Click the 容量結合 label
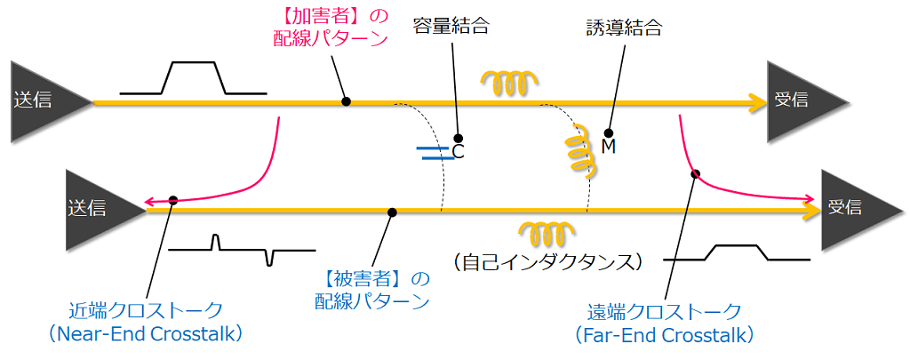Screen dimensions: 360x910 451,28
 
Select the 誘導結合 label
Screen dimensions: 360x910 623,28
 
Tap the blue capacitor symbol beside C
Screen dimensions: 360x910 434,154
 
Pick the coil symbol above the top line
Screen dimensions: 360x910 507,82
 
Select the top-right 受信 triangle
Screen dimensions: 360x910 801,100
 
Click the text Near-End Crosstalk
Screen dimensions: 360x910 147,334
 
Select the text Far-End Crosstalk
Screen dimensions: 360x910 664,334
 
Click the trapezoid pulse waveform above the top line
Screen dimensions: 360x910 193,78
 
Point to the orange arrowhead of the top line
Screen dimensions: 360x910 756,102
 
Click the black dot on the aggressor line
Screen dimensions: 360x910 346,102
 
